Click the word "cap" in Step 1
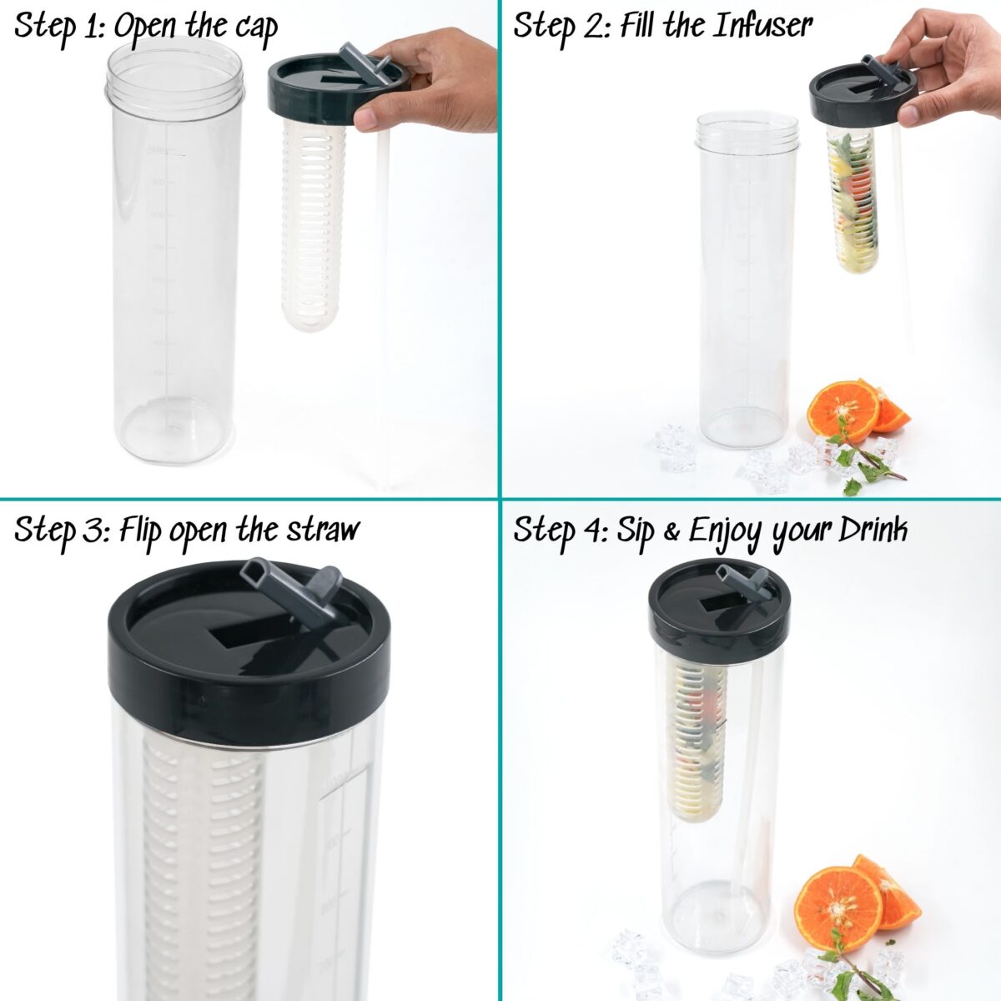256,28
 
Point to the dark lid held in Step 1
335,88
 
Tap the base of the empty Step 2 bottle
744,427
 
